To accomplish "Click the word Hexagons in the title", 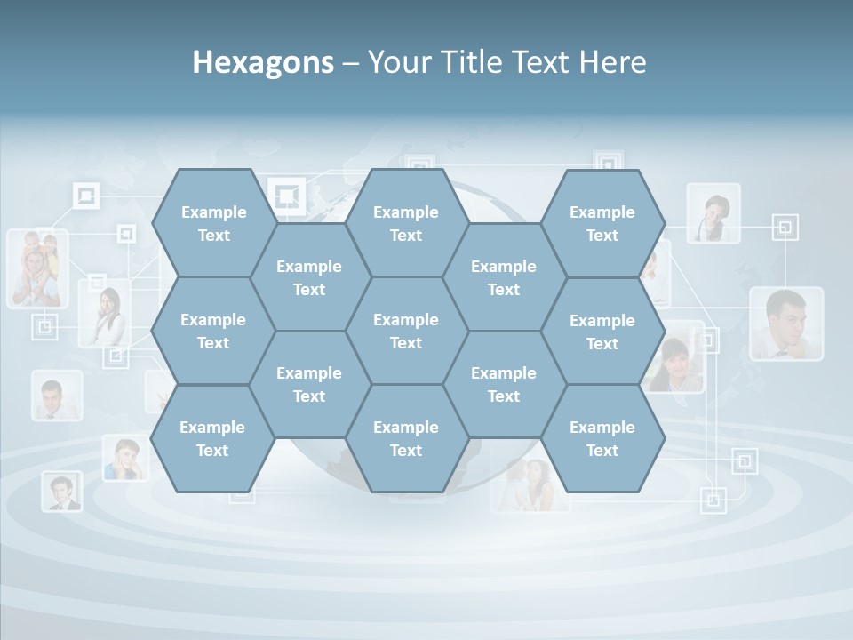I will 263,62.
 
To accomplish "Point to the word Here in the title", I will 612,62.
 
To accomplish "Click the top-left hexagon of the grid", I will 213,223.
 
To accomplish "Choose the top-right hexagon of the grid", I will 602,223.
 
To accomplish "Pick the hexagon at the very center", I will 406,331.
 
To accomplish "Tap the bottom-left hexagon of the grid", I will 212,438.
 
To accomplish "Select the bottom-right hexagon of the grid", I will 602,438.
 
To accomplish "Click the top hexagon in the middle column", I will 406,223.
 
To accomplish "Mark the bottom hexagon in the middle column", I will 406,438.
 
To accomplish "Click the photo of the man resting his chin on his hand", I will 785,324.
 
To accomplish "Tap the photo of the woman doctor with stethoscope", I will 713,213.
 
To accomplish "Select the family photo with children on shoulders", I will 37,268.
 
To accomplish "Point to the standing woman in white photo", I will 105,313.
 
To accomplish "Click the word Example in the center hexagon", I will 406,320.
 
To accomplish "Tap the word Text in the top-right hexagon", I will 602,236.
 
